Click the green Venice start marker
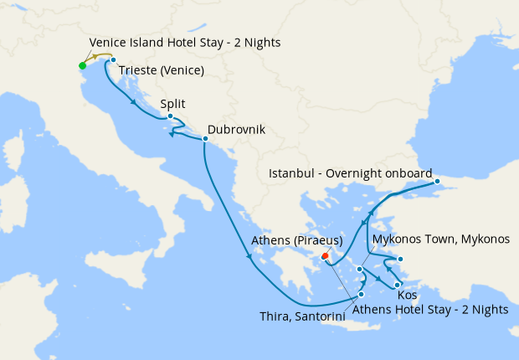click(x=82, y=65)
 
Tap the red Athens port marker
click(x=325, y=256)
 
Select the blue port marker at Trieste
click(x=113, y=59)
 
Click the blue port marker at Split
click(x=170, y=116)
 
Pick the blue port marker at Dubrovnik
click(x=205, y=139)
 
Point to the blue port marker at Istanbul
click(x=436, y=181)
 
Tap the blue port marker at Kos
click(x=398, y=285)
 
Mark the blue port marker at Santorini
click(x=362, y=294)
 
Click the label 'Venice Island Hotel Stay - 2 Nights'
click(x=185, y=43)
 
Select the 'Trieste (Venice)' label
click(x=162, y=70)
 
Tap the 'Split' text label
click(x=172, y=104)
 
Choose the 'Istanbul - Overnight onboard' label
click(x=350, y=173)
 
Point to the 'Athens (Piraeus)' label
click(x=297, y=240)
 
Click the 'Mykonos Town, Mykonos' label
click(x=440, y=239)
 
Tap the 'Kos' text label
click(x=407, y=296)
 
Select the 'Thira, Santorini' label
click(x=302, y=315)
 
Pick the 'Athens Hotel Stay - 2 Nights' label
click(x=430, y=309)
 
